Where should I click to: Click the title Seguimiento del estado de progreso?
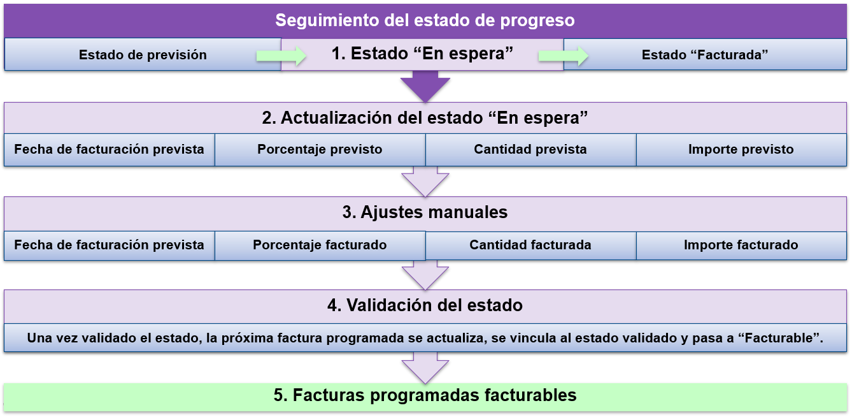tap(425, 20)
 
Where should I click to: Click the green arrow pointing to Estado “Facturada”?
tap(563, 56)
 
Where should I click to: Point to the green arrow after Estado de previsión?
tap(281, 56)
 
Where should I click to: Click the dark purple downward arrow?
tap(425, 87)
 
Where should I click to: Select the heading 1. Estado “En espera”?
tap(422, 54)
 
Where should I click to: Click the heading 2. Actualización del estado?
tap(425, 118)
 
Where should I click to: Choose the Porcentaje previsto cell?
tap(320, 150)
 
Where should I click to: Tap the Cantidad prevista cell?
tap(530, 150)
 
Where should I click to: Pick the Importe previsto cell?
tap(741, 150)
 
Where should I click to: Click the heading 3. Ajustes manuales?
tap(425, 212)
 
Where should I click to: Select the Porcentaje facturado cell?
tap(320, 245)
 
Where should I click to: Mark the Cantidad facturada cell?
tap(530, 245)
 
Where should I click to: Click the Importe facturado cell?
tap(741, 245)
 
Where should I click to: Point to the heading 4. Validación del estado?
tap(425, 305)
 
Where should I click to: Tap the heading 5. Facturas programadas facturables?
tap(425, 395)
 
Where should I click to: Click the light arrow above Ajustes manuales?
tap(425, 182)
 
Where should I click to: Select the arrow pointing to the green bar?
tap(425, 368)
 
